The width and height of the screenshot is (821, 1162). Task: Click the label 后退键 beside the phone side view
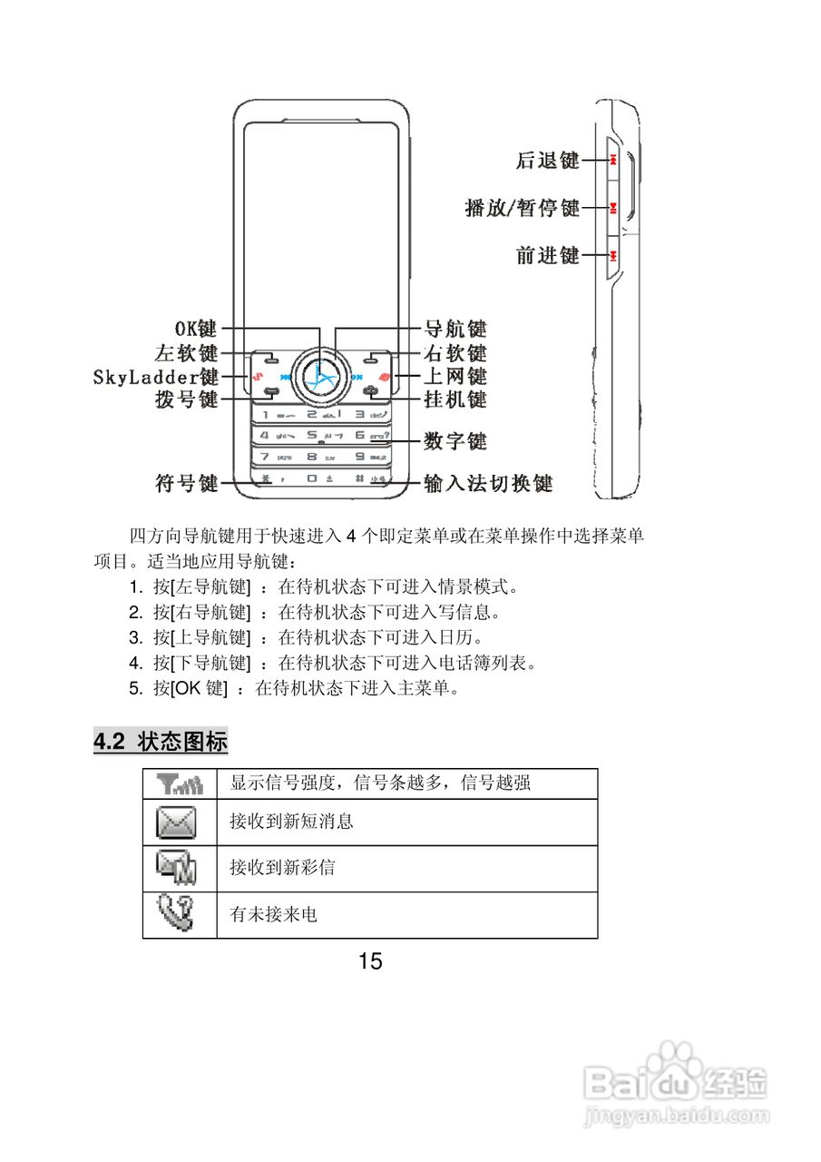point(547,161)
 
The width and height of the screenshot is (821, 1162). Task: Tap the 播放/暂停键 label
point(522,208)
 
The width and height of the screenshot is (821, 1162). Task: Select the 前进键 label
point(547,255)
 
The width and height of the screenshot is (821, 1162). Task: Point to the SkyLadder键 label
point(155,376)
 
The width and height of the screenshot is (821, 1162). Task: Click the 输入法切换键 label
point(488,483)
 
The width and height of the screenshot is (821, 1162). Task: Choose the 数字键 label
point(455,441)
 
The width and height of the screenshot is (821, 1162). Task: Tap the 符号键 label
point(186,483)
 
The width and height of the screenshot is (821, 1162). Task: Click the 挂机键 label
point(455,399)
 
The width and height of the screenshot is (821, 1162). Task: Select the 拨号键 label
point(186,399)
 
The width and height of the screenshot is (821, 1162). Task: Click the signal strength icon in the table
point(180,783)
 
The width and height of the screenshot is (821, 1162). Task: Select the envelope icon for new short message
point(178,822)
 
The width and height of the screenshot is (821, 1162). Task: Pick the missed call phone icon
point(178,914)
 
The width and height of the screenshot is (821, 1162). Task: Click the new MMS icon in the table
point(178,868)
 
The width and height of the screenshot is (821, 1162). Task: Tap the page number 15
point(370,961)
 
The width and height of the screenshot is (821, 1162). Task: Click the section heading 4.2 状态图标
point(161,742)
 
